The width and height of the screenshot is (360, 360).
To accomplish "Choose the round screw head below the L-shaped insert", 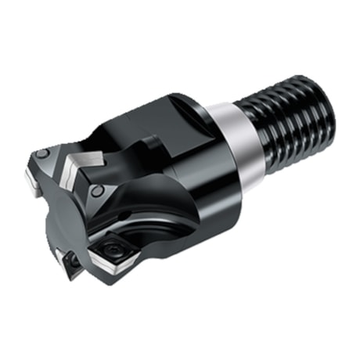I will point(97,191).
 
